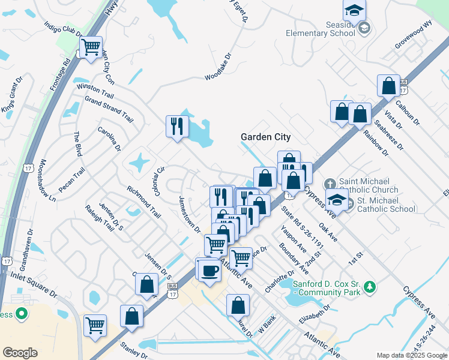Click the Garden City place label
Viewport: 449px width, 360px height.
tap(265, 137)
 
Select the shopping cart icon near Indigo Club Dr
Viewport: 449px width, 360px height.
tap(91, 46)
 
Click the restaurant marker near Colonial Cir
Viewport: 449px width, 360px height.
tap(177, 126)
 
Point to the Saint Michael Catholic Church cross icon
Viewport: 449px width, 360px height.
tap(330, 183)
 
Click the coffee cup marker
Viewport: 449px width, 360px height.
tap(208, 269)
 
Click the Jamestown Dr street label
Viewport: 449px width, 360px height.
tap(189, 213)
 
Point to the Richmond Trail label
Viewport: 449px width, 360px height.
tap(144, 202)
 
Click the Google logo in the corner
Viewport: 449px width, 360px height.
tap(20, 353)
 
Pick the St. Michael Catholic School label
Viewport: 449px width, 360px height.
tap(385, 205)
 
